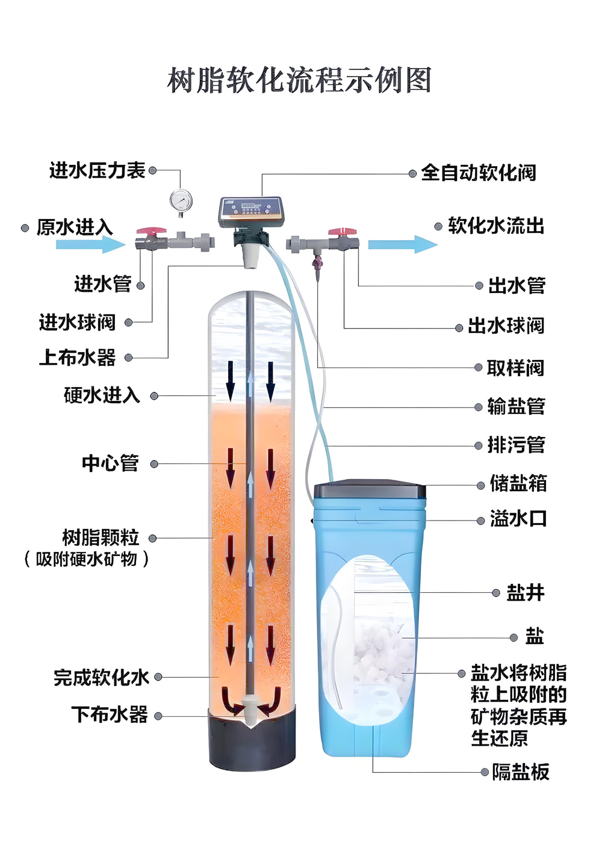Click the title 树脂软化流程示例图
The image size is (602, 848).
(x=299, y=81)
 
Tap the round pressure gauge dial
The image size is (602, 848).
(x=181, y=200)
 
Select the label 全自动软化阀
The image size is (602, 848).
(x=479, y=173)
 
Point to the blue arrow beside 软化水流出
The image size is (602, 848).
(x=402, y=244)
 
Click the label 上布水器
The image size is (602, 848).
(x=78, y=357)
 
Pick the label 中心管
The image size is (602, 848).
(x=111, y=463)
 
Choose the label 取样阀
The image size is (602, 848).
(x=515, y=368)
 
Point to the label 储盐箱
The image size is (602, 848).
(x=518, y=483)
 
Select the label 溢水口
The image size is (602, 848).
(x=518, y=519)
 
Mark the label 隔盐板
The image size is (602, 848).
(x=521, y=772)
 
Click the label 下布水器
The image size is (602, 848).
(x=110, y=716)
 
